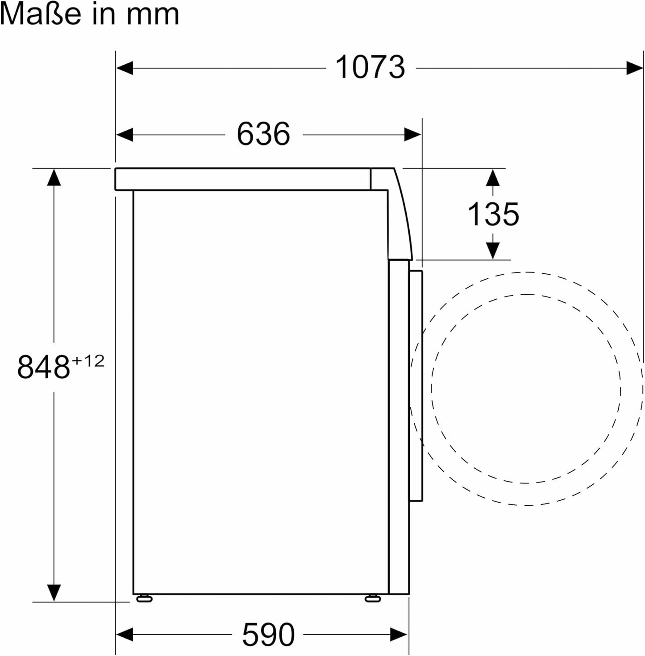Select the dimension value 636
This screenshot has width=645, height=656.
(x=263, y=134)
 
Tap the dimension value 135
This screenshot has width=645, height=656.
(x=493, y=214)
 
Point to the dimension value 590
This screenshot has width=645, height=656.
(x=268, y=634)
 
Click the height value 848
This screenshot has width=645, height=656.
(x=43, y=367)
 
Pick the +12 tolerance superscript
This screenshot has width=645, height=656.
(x=88, y=360)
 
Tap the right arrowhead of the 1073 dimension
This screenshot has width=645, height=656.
(x=634, y=68)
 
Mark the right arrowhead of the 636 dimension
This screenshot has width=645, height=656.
(x=412, y=134)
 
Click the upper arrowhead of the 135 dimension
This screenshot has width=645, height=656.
(x=492, y=177)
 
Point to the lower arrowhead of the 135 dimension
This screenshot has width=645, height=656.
(x=492, y=250)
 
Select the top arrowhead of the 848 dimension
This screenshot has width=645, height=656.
(x=54, y=177)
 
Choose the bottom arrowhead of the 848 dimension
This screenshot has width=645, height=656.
(x=54, y=593)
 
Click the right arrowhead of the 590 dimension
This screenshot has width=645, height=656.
(x=399, y=634)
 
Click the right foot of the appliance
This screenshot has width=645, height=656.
(x=372, y=598)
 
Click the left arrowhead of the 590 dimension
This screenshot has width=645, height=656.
(x=125, y=634)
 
